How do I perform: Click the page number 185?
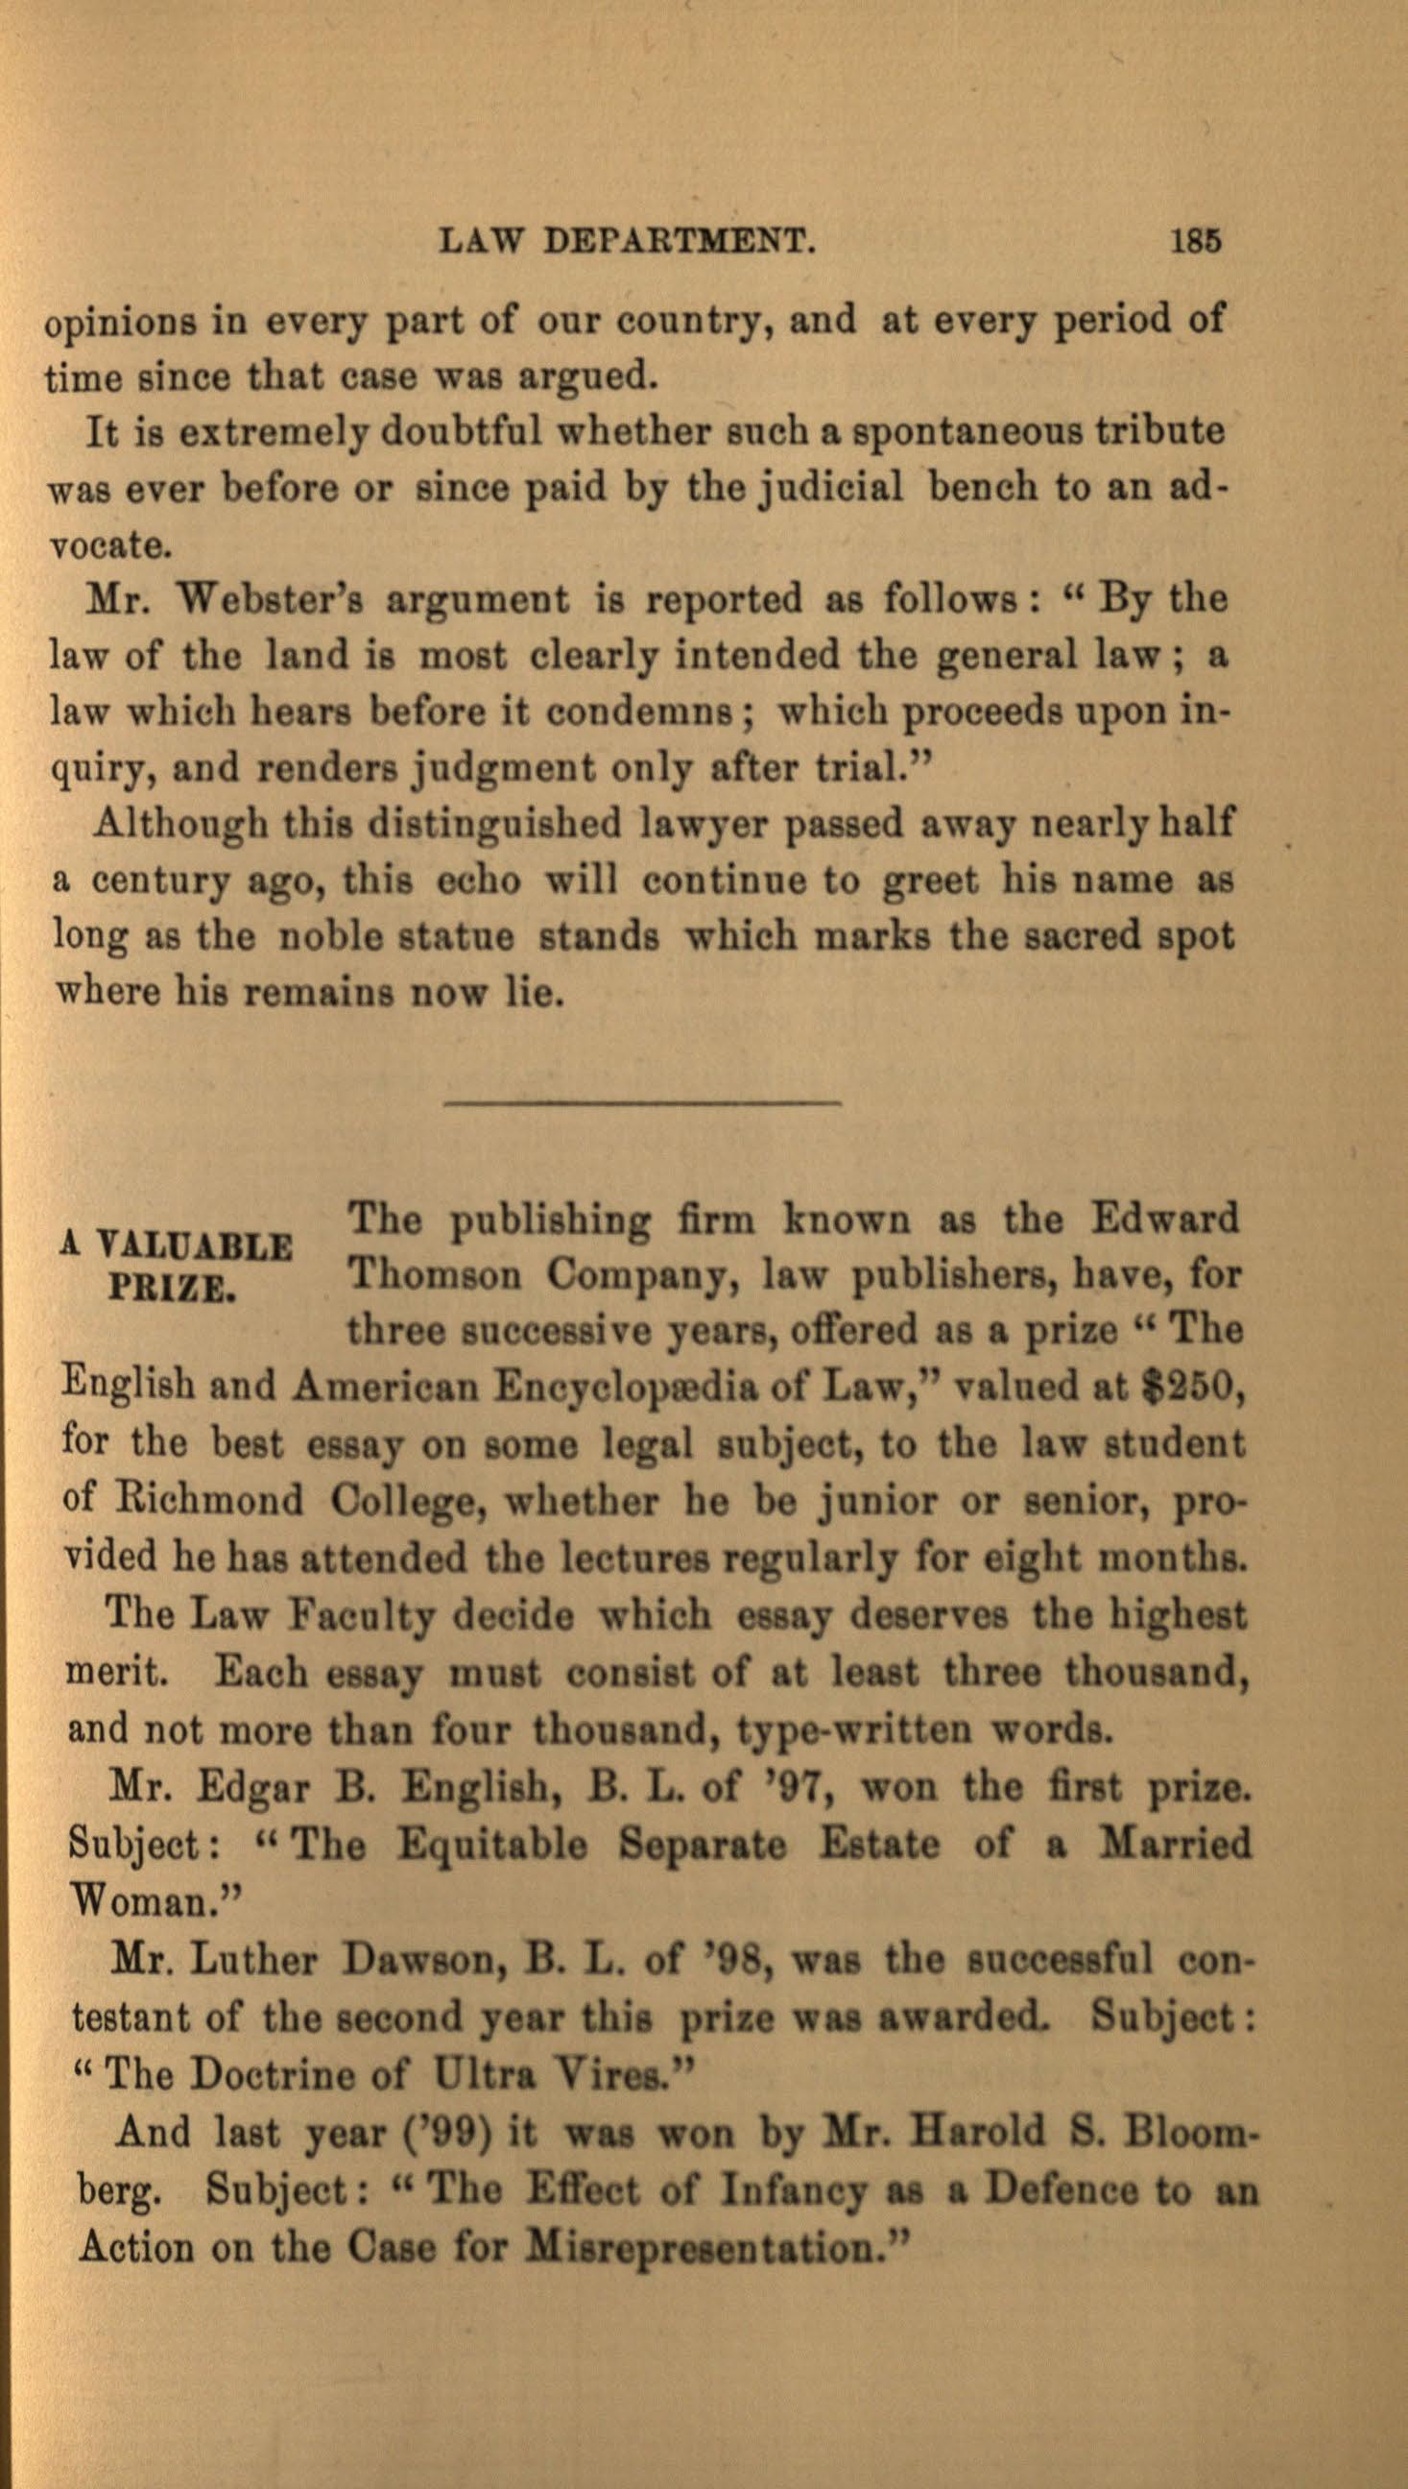pos(1196,240)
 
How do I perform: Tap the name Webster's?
pos(267,600)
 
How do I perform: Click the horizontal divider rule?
pos(642,1101)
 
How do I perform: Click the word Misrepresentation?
pos(703,2246)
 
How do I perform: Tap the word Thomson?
pos(436,1274)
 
